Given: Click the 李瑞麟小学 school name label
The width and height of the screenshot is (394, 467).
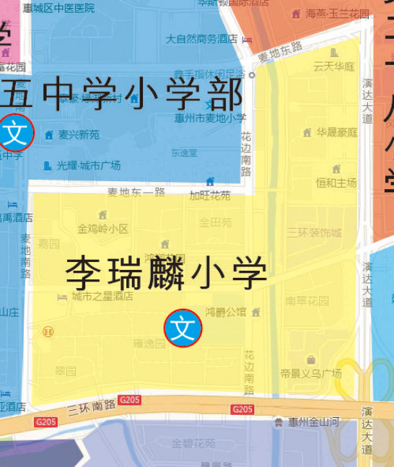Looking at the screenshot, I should coord(167,272).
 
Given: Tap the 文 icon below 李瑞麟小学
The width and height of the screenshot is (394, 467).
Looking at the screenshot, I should coord(183,328).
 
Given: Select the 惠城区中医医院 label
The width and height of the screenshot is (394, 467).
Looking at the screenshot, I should coord(58,8).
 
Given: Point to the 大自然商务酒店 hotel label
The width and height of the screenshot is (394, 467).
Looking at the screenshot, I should coord(201,39).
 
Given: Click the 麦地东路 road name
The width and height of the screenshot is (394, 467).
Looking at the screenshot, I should coord(280,49).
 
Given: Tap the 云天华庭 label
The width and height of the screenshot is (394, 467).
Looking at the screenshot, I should coord(334,66).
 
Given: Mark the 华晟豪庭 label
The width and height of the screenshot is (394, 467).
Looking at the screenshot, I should coord(336,133).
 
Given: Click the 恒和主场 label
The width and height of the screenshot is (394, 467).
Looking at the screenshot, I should coord(336,183).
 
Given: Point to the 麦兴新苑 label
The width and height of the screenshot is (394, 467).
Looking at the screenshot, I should coord(79,135).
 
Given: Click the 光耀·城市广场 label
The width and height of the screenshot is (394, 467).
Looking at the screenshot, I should coord(89,165).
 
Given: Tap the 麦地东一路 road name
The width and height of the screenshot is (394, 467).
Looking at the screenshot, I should coord(136,192).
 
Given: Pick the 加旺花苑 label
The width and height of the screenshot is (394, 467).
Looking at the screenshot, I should coord(210,196).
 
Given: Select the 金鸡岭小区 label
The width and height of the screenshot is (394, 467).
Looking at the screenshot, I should coord(102,229).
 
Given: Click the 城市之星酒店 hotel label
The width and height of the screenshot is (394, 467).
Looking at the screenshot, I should coord(102,296).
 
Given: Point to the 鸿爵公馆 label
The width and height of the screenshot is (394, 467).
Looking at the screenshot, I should coord(226,313).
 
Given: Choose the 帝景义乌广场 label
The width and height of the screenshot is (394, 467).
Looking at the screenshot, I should coord(311,373).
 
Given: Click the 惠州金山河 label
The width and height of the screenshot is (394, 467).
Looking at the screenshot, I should coord(312,422).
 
